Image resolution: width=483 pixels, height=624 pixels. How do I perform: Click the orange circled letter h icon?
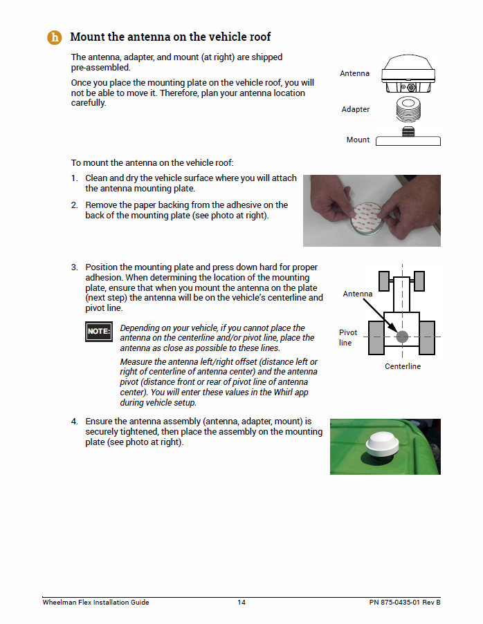point(55,37)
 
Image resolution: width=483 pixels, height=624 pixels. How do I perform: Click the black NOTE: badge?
point(98,331)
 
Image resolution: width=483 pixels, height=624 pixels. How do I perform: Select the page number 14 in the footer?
point(241,603)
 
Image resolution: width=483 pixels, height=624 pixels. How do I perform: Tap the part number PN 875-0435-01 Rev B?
point(404,603)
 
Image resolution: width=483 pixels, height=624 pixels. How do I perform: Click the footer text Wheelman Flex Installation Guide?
point(95,603)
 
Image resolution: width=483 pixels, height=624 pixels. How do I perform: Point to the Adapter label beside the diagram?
point(356,109)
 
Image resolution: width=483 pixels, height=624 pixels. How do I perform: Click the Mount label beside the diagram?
point(358,140)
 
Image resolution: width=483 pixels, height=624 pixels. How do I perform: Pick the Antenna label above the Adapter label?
point(354,73)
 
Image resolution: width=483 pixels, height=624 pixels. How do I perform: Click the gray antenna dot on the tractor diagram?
point(403,337)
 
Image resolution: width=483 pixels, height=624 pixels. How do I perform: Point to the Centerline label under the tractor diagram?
point(403,366)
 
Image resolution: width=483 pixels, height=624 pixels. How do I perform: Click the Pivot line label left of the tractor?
point(347,337)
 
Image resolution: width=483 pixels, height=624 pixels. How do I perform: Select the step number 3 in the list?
point(74,267)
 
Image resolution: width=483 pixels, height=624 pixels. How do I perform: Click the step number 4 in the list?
point(74,421)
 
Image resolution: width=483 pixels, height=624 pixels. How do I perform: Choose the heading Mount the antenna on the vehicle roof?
point(170,37)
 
